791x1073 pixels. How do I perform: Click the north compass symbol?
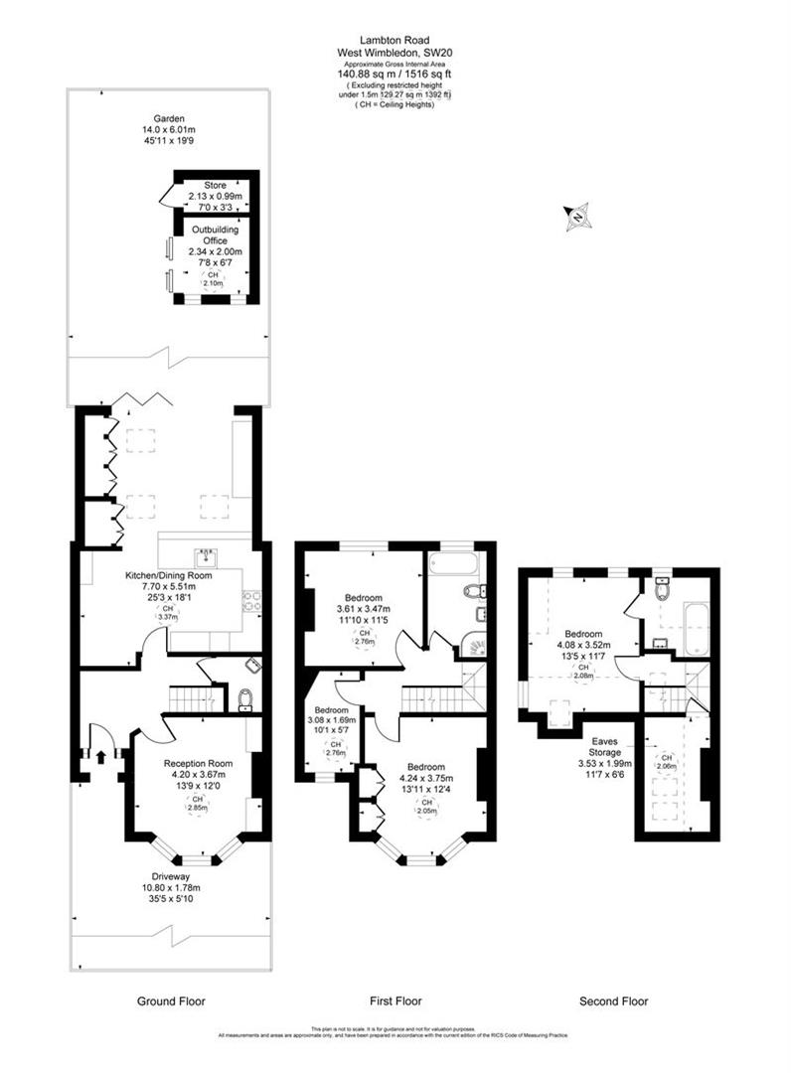tap(576, 217)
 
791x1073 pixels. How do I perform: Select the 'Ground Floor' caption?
tap(171, 1000)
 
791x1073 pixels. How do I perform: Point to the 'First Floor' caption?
tap(395, 1000)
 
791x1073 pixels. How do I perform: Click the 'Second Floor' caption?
tap(614, 1000)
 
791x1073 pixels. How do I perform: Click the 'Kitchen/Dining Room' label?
tap(168, 575)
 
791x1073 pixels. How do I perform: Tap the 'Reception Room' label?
tap(199, 763)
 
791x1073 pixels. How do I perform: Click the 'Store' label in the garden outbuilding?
tap(215, 185)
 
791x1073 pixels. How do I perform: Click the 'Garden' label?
tap(158, 116)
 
